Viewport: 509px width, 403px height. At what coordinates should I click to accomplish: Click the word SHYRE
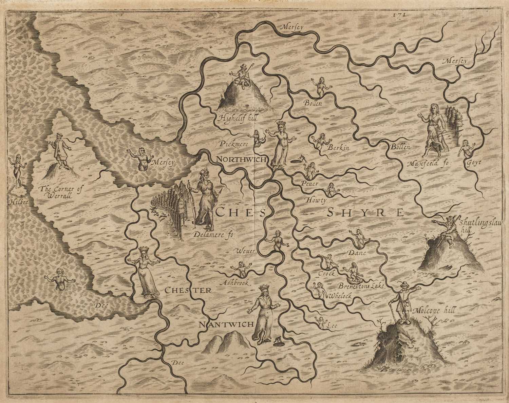366,213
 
